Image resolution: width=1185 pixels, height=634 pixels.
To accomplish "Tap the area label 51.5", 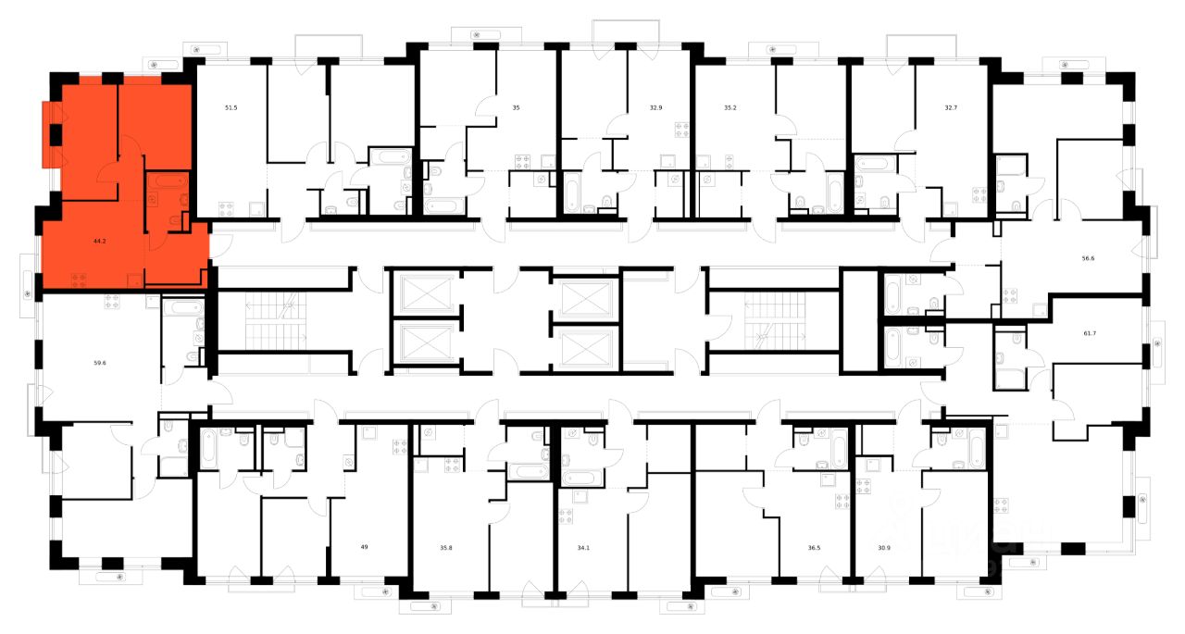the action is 231,108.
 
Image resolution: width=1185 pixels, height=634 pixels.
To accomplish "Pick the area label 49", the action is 364,547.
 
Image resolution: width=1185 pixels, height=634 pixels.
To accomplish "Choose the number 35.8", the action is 446,548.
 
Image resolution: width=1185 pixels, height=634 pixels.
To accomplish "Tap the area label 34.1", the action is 582,548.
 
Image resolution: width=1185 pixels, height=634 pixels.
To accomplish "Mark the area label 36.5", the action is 814,548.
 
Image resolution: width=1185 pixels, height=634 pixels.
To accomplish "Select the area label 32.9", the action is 655,108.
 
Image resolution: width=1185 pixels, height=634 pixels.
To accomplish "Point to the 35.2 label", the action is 730,108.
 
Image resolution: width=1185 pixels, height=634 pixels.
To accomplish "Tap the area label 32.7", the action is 950,108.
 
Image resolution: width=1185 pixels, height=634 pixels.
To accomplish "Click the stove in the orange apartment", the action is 79,279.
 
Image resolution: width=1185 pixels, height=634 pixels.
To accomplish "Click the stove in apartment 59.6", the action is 113,300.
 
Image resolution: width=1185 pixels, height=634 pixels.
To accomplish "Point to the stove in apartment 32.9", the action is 682,131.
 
